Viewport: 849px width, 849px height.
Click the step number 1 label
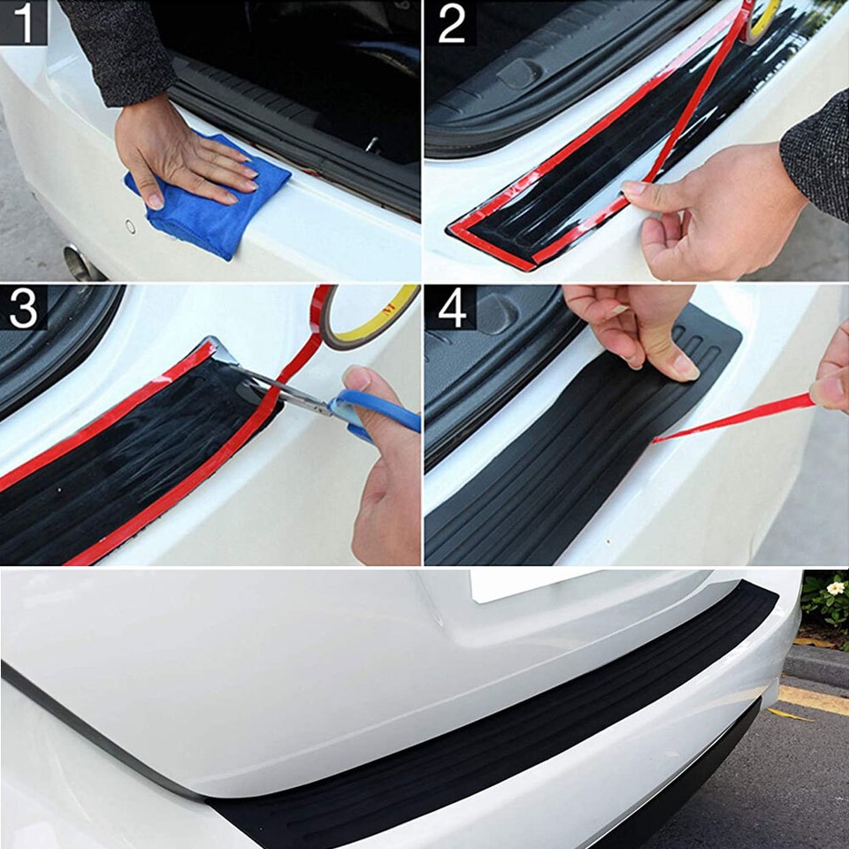(x=22, y=23)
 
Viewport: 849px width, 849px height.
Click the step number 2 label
(x=451, y=24)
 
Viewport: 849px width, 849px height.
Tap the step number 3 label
(x=23, y=310)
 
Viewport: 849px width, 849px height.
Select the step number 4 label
(x=451, y=310)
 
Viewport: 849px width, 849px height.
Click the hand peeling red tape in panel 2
(x=699, y=212)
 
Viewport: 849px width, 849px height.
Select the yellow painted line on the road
(x=814, y=699)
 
